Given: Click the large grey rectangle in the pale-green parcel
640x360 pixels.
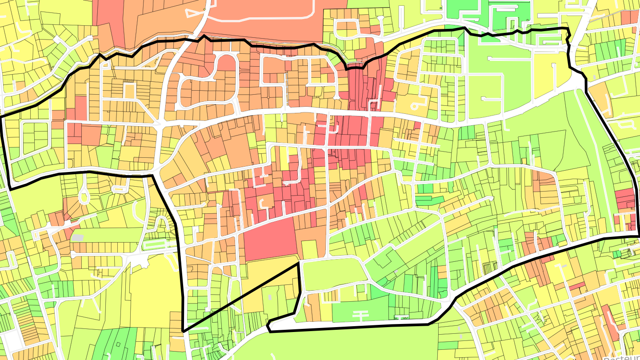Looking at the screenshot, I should [x=78, y=238].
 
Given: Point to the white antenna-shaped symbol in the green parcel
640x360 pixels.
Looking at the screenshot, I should [x=360, y=315].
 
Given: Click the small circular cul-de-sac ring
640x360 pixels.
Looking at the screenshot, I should [x=416, y=106].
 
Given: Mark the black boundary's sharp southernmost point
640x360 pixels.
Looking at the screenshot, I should [x=183, y=331].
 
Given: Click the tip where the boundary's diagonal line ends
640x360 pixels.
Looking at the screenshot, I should [x=298, y=263].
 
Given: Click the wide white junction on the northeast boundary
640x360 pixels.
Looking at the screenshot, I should [x=578, y=80].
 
